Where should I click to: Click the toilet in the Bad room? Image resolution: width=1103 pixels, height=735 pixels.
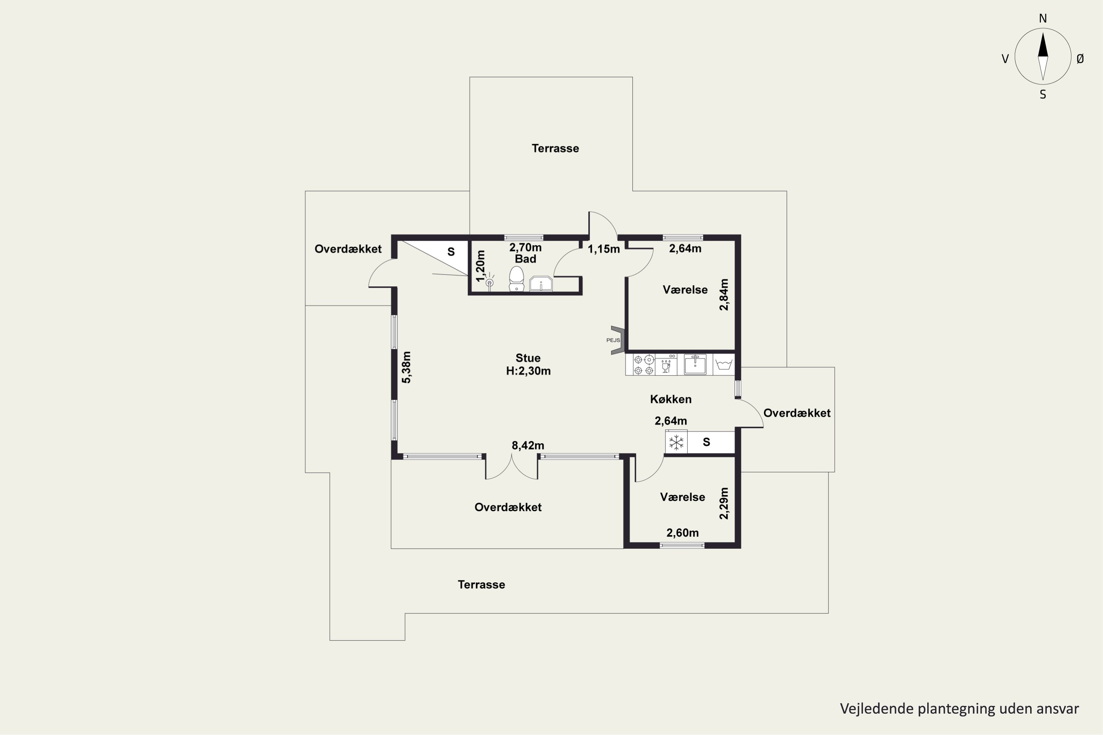516,279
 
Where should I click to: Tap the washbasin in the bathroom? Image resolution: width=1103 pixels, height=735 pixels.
541,284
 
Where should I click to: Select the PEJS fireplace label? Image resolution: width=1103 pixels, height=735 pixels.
613,340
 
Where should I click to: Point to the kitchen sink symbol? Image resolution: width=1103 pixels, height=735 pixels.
695,365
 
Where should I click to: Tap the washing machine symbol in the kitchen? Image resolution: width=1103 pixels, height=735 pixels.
724,365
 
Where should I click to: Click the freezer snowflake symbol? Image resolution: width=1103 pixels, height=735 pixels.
676,442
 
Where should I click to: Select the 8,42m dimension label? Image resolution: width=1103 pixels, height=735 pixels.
528,445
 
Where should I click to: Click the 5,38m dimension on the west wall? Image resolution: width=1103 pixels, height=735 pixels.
407,367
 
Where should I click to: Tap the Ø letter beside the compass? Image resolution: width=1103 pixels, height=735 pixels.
1080,58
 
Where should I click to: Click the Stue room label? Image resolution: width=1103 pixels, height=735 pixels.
528,358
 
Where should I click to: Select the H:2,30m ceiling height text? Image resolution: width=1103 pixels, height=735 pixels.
528,371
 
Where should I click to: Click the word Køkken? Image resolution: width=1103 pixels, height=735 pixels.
671,399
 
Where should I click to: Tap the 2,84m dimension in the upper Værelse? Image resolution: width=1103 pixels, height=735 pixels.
724,295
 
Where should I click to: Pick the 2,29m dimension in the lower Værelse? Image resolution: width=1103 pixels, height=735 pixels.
724,503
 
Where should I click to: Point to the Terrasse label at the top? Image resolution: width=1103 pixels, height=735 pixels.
555,148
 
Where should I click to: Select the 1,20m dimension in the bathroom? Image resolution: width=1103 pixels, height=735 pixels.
480,266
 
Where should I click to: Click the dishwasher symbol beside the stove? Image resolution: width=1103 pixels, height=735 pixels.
666,365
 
